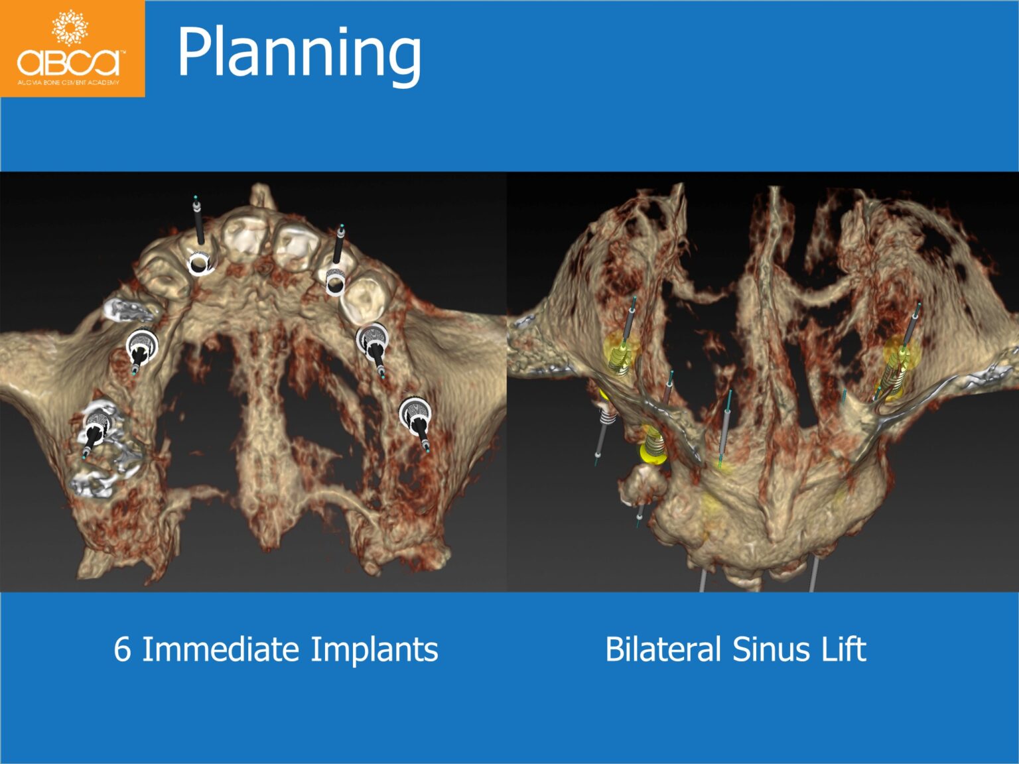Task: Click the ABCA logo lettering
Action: pos(69,62)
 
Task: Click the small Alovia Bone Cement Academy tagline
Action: pos(68,83)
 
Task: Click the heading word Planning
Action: pos(299,53)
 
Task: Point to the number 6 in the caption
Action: pos(122,649)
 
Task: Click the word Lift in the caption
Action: pos(844,649)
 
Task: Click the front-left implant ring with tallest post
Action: pos(199,262)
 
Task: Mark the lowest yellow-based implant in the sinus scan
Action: pos(653,444)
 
